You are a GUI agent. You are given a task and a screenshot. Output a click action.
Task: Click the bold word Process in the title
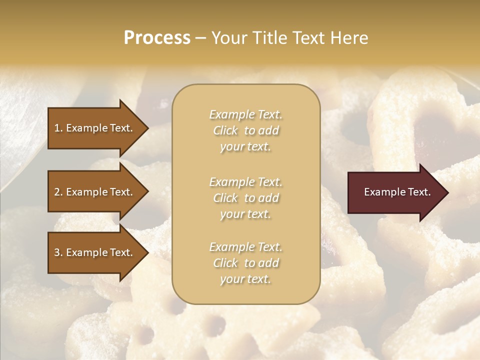(x=157, y=38)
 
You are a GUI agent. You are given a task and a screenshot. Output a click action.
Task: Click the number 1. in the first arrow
(x=58, y=128)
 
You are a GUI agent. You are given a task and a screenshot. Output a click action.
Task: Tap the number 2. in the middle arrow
(x=58, y=192)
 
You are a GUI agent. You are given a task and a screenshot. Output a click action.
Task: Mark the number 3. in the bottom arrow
(x=58, y=253)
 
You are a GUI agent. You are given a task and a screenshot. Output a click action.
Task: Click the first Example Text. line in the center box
(x=245, y=114)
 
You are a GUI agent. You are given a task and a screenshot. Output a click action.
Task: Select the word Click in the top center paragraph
(x=225, y=130)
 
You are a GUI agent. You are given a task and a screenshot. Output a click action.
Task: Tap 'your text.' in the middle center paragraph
(x=245, y=214)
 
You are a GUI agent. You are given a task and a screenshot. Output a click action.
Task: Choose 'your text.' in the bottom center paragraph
(x=245, y=279)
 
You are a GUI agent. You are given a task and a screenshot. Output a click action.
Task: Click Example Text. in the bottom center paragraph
(x=245, y=247)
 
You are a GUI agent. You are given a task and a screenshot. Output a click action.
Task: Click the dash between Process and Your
(x=200, y=38)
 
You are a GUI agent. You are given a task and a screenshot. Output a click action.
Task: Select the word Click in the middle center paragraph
(x=225, y=198)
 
